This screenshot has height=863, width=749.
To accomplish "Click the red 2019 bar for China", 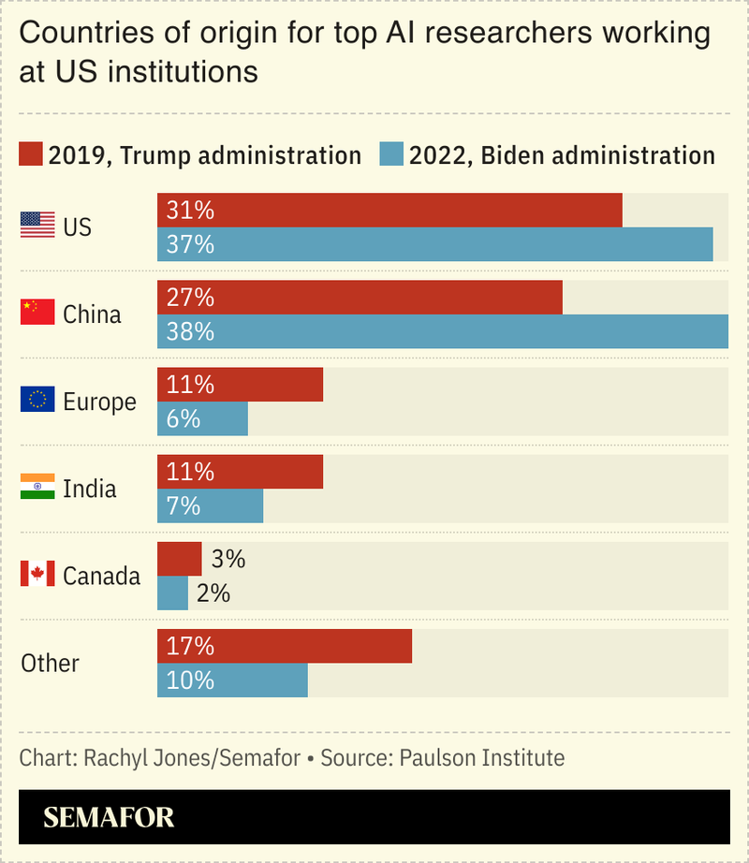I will [x=360, y=298].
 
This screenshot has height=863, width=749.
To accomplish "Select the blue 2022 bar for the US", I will [x=434, y=244].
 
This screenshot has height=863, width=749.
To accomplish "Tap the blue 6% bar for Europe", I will [x=202, y=418].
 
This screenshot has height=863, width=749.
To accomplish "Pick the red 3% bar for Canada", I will [x=179, y=559].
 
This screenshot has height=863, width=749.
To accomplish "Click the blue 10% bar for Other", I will [x=232, y=680].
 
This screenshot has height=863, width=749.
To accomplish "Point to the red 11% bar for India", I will [x=240, y=472].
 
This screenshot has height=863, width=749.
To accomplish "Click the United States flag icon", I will [x=37, y=225].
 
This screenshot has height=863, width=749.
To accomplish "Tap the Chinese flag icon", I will [x=37, y=313].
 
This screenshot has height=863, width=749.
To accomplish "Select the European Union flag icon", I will [x=37, y=400].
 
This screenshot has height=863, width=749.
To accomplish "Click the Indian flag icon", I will [x=37, y=487].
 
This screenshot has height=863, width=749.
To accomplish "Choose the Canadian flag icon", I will [x=37, y=574].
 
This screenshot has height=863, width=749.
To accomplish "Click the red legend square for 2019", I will [x=31, y=154].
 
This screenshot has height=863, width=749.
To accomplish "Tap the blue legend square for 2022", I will [x=390, y=154].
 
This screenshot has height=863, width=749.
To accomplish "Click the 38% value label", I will [x=190, y=332].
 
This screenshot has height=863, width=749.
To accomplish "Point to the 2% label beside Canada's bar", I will [x=213, y=593].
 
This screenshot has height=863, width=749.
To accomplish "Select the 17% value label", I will [x=190, y=646].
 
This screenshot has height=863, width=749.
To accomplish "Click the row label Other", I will [x=50, y=663].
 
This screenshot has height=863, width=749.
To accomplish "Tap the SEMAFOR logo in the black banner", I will [x=109, y=816].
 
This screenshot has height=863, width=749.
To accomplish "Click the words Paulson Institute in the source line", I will [x=482, y=757].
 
